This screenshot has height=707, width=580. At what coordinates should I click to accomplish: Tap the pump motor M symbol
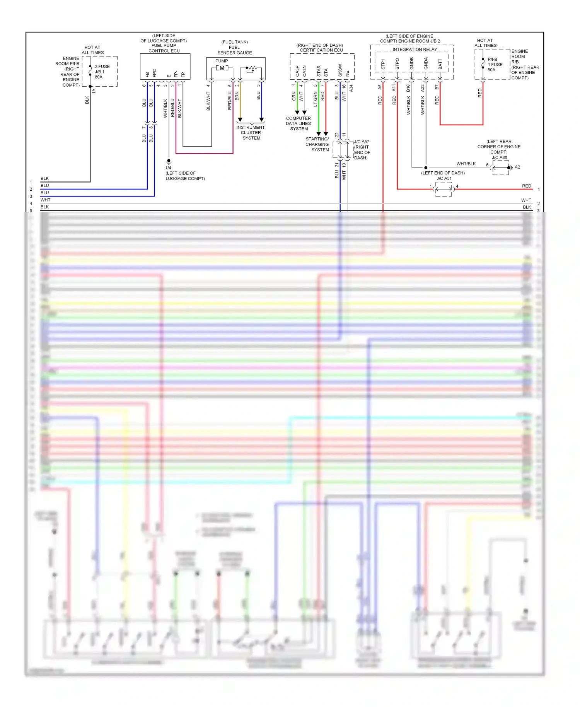pos(222,68)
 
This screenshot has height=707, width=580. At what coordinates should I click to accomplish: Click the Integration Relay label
pos(415,50)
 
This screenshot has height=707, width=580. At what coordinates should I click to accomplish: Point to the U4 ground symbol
pos(169,161)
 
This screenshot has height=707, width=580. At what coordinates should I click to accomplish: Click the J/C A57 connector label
pos(362,142)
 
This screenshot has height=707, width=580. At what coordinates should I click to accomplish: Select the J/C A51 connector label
pos(444,178)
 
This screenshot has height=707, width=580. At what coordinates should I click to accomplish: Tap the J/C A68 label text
pos(499,157)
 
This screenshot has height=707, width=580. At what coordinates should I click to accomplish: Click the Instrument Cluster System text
pos(251,133)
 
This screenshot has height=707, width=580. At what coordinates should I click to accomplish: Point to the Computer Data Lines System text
pos(299,123)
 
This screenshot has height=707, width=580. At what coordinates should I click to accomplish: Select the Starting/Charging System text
pos(317,144)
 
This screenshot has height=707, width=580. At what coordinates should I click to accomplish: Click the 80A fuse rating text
pos(99,77)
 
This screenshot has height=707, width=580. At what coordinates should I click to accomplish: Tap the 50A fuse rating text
pos(491,70)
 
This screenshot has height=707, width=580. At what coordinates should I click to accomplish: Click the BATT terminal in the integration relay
pos(440,64)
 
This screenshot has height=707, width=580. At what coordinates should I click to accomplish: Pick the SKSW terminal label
pos(340,70)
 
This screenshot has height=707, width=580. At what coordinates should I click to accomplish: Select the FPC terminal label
pos(154,73)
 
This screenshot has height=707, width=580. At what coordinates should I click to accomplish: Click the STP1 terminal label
pos(383,64)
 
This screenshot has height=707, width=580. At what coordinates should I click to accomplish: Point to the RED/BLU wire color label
pos(172,108)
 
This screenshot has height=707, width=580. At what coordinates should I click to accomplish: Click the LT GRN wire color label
pos(315,99)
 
